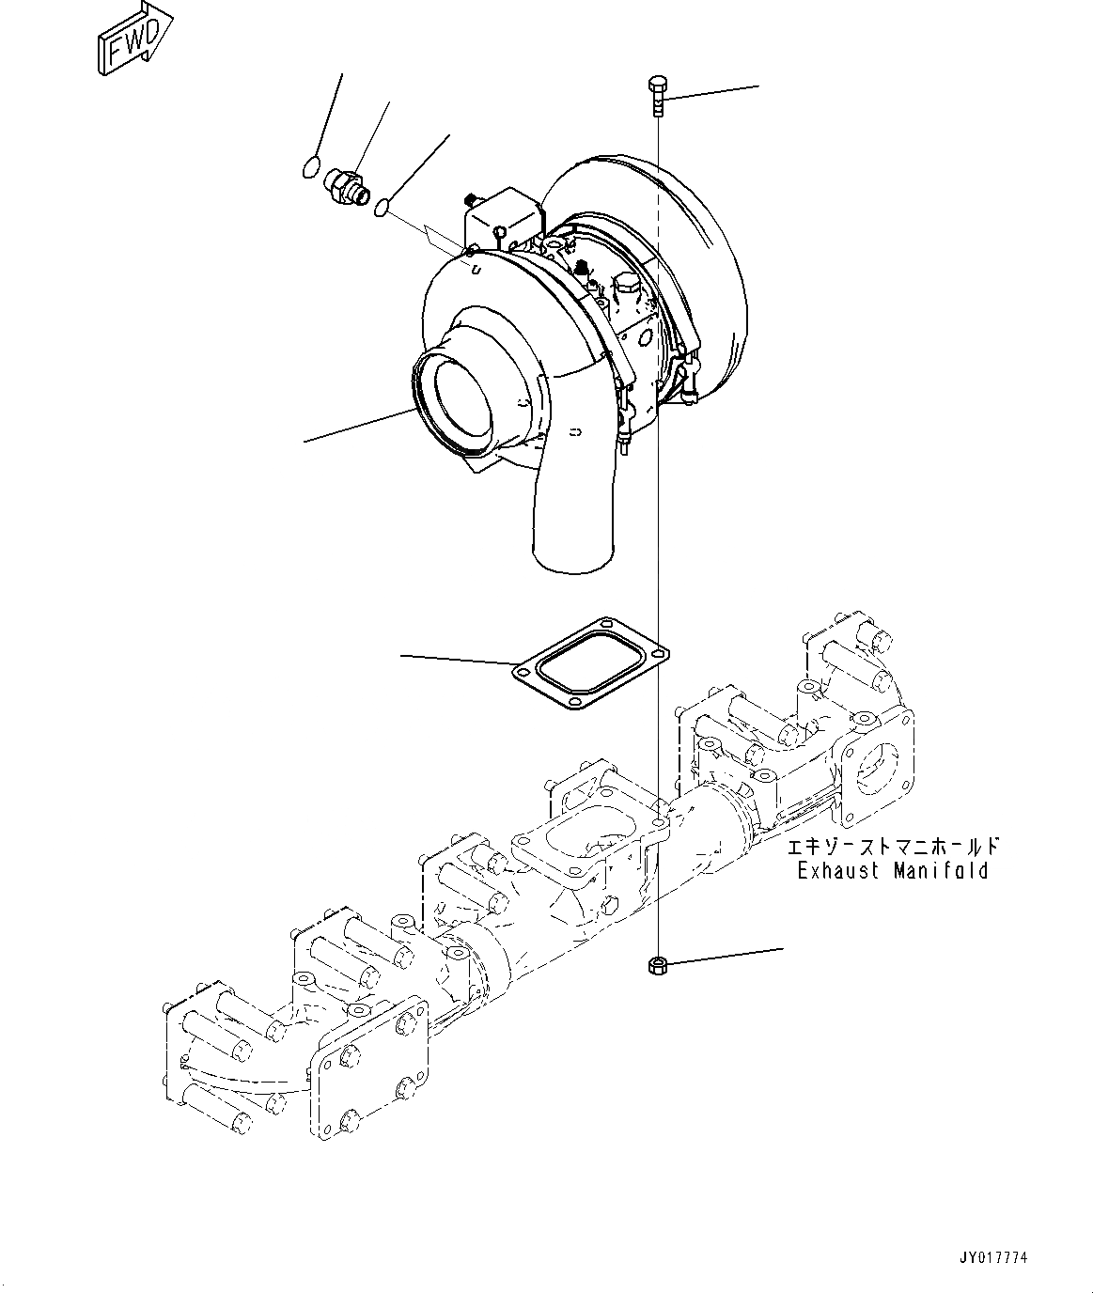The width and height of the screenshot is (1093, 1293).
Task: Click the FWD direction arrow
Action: [134, 40]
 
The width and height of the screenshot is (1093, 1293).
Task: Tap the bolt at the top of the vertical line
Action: [657, 97]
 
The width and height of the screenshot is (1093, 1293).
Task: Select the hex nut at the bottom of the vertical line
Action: [658, 965]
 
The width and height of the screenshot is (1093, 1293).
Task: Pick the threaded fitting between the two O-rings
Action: [347, 183]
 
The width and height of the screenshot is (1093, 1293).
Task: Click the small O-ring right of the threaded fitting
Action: [382, 207]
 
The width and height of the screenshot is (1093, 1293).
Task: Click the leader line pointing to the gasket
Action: [457, 660]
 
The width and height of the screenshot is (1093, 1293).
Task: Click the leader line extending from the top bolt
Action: [714, 91]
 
